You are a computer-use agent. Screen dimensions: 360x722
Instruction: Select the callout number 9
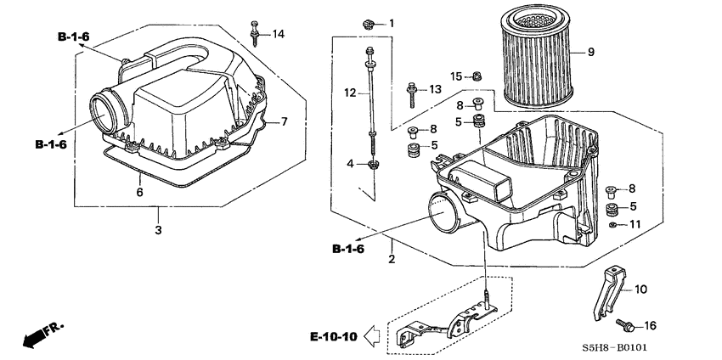590,53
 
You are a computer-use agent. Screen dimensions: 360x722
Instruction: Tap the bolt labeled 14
254,32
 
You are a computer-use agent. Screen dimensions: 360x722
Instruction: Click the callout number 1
392,23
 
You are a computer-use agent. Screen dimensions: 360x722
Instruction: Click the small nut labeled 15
478,77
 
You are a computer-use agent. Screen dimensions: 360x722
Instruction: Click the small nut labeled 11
612,225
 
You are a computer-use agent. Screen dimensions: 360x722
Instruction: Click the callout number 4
348,163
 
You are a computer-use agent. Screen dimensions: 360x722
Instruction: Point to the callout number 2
392,258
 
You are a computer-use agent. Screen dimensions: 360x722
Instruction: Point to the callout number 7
285,121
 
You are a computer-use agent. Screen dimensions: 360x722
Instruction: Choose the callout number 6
141,192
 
